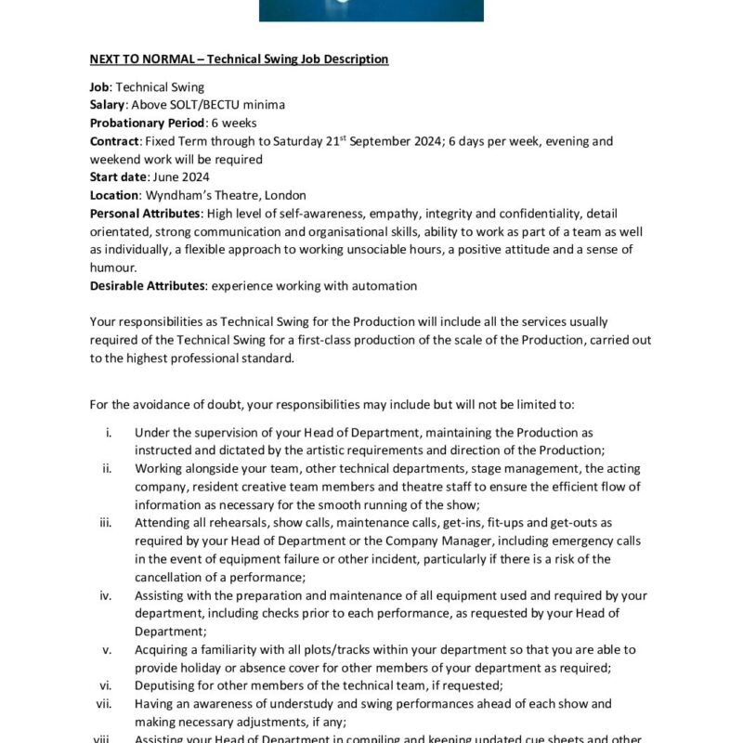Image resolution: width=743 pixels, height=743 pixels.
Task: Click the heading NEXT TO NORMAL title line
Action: click(239, 59)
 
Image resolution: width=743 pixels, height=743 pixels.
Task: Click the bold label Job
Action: click(100, 87)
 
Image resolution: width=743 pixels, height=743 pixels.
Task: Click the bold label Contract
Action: click(114, 141)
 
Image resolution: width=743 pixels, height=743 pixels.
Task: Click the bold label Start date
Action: click(118, 177)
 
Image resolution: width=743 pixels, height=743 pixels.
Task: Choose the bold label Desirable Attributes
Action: click(142, 286)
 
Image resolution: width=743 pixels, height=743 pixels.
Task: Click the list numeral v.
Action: click(108, 649)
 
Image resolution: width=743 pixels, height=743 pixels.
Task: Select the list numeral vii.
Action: click(104, 704)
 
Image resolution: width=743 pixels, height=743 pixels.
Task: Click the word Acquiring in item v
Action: click(162, 649)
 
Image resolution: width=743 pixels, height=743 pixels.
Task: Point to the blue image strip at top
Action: click(371, 10)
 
